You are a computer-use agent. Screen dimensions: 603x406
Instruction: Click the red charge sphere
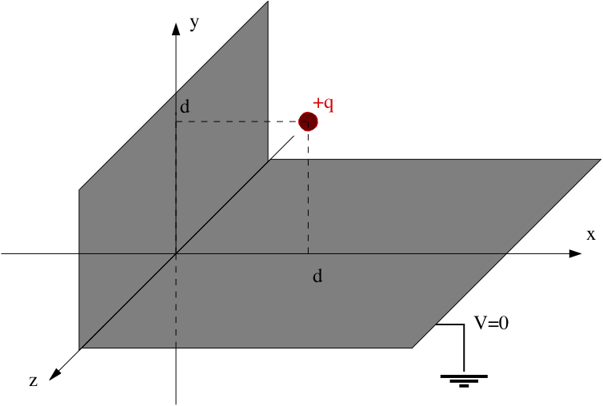[308, 121]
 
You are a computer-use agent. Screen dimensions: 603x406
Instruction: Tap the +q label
[323, 103]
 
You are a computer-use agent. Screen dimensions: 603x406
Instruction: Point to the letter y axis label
[194, 23]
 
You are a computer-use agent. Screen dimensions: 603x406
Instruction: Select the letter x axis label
[591, 234]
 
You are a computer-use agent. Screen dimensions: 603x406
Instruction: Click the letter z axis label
[34, 381]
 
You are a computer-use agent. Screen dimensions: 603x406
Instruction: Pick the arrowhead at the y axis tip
[176, 28]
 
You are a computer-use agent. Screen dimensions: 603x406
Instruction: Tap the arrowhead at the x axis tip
[575, 253]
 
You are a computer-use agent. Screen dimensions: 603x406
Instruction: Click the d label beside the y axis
[186, 106]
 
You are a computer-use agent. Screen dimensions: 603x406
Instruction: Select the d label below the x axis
[317, 277]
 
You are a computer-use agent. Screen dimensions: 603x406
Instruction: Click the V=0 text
[491, 323]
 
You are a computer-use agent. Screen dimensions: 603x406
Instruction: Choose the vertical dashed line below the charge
[308, 192]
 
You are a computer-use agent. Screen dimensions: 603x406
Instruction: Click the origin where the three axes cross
[176, 253]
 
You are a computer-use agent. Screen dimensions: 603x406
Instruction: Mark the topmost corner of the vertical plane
[268, 2]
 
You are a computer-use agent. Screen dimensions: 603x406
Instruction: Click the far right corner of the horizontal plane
[600, 160]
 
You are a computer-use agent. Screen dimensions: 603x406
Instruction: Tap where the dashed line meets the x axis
[308, 253]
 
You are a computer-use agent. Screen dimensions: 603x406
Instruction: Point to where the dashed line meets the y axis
[176, 121]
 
